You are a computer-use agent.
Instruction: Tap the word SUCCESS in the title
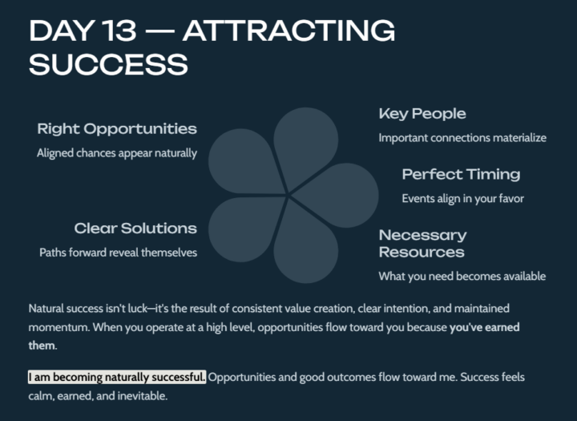point(108,64)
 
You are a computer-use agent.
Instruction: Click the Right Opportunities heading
point(117,129)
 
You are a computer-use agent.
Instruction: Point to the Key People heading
point(422,114)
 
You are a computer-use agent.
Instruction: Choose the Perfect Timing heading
point(461,174)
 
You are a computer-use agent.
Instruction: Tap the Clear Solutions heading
point(135,229)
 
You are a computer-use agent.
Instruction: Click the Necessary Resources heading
point(422,243)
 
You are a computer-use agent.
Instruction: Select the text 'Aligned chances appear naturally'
point(117,153)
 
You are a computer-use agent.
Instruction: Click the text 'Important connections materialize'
point(462,138)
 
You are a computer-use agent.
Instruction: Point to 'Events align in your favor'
point(462,198)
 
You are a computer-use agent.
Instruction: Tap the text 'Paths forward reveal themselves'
point(119,253)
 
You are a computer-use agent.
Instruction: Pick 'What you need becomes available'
point(462,276)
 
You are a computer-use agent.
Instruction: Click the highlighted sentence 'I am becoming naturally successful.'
point(117,377)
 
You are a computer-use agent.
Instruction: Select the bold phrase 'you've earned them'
point(489,327)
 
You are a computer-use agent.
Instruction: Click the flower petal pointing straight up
point(304,144)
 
